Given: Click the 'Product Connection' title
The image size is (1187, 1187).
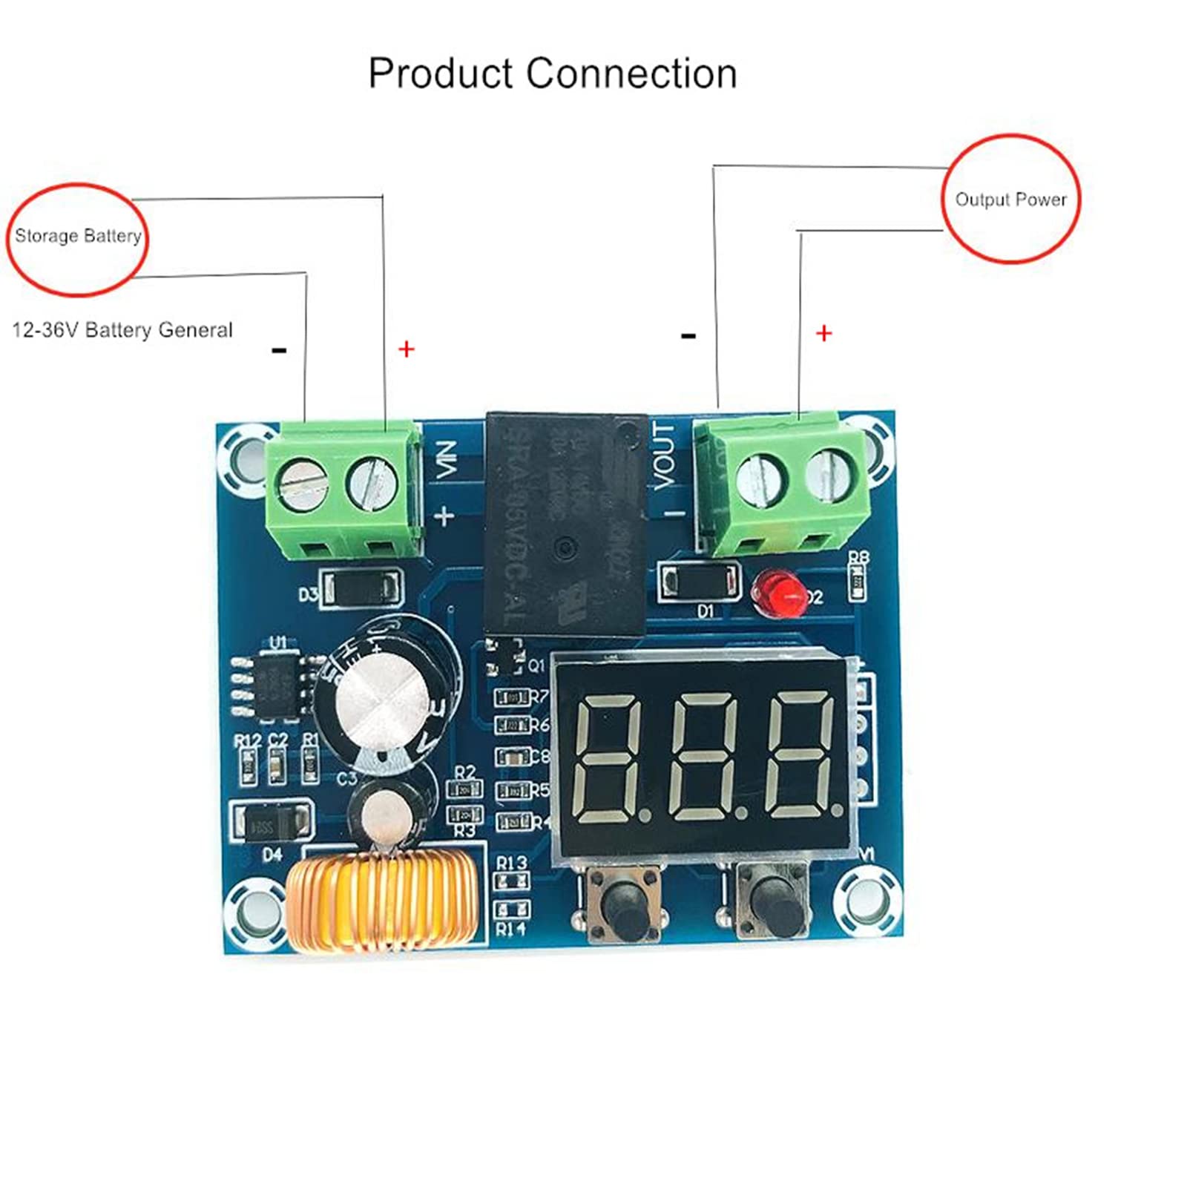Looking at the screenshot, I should point(552,74).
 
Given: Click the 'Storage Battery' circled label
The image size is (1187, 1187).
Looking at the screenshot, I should point(78,237).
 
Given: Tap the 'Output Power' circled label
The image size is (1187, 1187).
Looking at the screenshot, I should point(1010,200).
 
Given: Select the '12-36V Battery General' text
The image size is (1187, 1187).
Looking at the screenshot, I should point(122,330).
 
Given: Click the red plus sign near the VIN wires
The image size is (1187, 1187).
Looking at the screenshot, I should point(406,349).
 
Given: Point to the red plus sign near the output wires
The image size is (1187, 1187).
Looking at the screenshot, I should point(823,334).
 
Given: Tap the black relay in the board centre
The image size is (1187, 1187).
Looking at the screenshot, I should point(566,523).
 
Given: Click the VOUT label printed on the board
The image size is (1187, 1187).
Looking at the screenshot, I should point(664,456).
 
